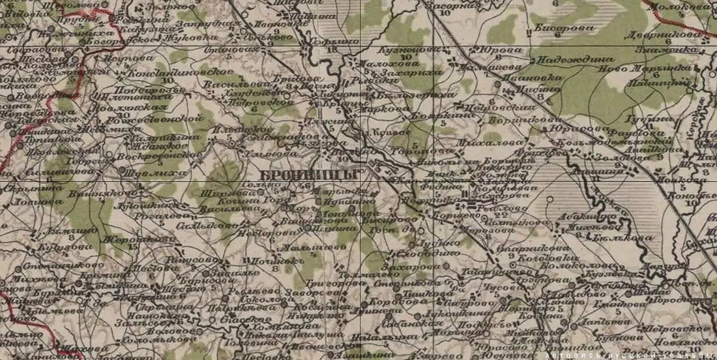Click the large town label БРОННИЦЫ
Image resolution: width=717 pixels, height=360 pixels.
(308, 175)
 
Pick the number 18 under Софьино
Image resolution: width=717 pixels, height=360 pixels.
(335, 49)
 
